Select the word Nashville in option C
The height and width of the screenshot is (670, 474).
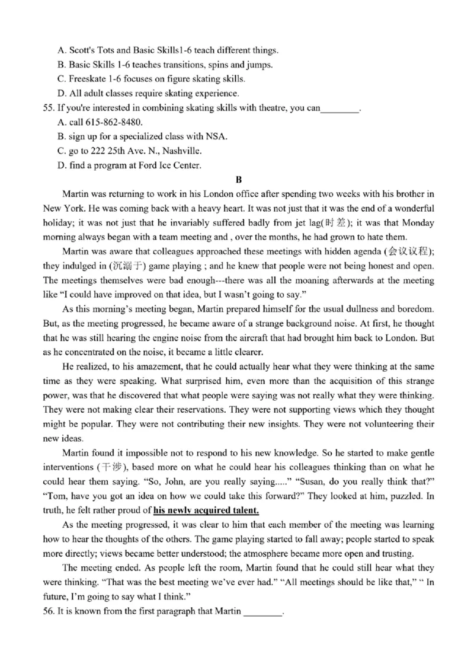tap(181, 151)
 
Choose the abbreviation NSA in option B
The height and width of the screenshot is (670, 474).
tap(217, 136)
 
